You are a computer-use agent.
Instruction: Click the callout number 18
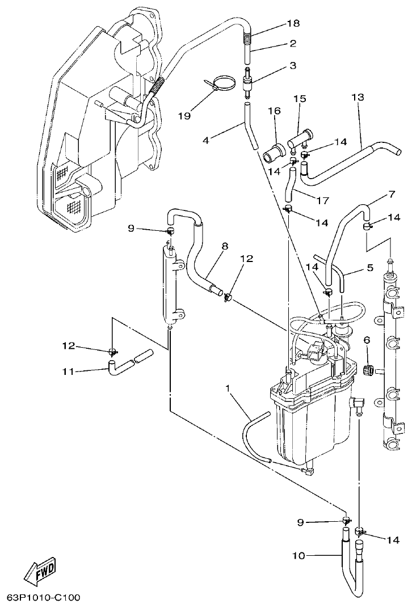click(293, 24)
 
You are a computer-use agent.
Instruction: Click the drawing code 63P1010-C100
click(44, 598)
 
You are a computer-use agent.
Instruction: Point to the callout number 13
click(358, 98)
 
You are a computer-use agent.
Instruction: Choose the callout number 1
click(228, 389)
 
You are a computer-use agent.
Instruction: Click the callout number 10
click(299, 556)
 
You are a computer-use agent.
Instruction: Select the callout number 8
click(225, 246)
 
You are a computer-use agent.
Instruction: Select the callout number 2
click(293, 44)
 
